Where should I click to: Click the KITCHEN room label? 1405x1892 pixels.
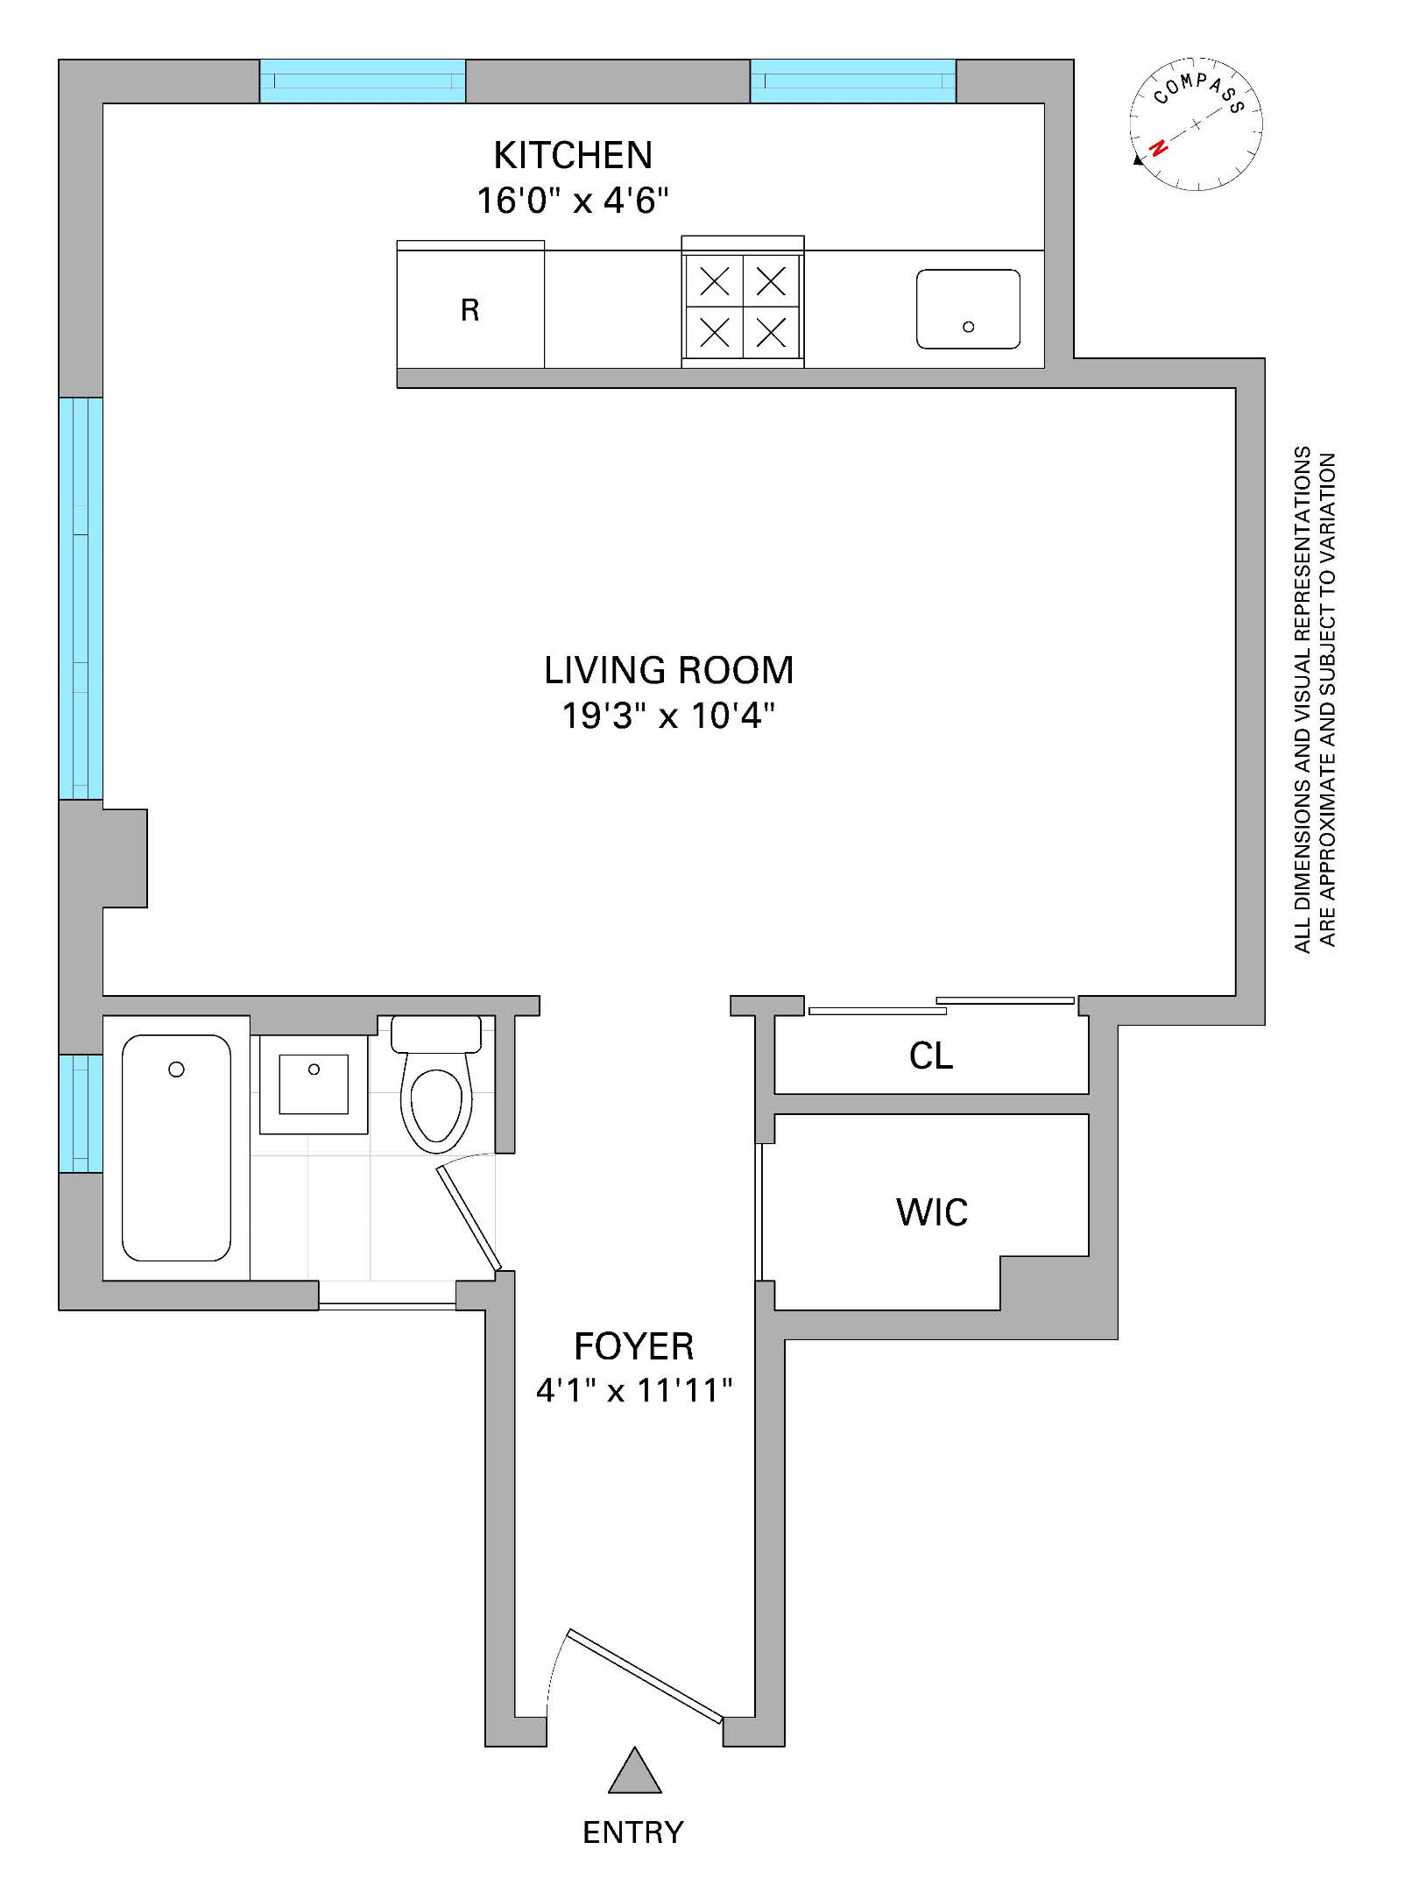point(573,156)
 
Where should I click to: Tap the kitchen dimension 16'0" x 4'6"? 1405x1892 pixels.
point(573,201)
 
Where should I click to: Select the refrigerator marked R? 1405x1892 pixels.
point(470,309)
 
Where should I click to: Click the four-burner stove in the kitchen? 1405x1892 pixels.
point(743,306)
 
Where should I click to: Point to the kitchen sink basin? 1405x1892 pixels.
point(968,309)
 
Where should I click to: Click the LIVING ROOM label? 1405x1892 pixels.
point(668,671)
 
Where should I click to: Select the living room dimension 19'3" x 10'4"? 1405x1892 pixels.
point(668,717)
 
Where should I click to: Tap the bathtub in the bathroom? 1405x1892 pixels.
point(176,1147)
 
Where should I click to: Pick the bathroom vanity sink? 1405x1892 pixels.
point(314,1084)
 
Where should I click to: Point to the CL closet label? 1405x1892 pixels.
point(930,1056)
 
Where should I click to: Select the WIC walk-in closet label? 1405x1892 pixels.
point(932,1212)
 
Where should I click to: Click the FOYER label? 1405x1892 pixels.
point(633,1346)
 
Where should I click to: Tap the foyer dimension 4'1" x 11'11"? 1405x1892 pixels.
point(633,1390)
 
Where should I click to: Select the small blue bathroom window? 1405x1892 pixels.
point(81,1112)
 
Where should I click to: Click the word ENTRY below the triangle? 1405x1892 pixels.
point(633,1832)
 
